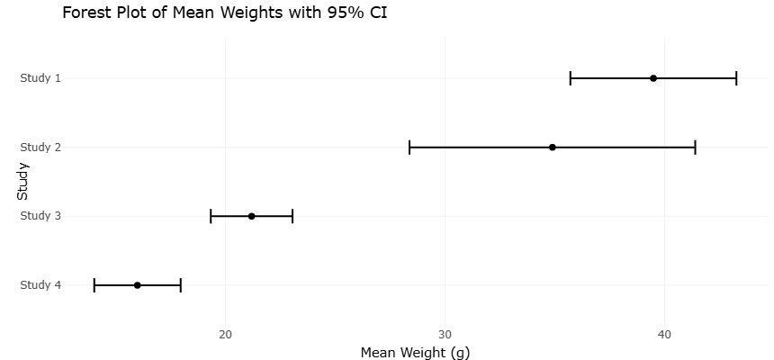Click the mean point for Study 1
[653, 78]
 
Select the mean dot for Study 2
[553, 148]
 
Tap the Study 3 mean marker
[251, 216]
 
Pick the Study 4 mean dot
[137, 285]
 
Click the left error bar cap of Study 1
[570, 78]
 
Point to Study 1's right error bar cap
[736, 78]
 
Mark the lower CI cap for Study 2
[409, 148]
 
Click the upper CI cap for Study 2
[695, 148]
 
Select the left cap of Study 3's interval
[211, 216]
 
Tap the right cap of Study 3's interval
[292, 216]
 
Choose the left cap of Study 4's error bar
[94, 285]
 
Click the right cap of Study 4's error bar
[181, 285]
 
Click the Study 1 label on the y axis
[40, 78]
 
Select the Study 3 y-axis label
[40, 216]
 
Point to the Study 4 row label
[40, 285]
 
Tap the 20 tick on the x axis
[226, 334]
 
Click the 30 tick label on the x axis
[445, 334]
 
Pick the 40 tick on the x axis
[664, 334]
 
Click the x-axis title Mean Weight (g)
[415, 353]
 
